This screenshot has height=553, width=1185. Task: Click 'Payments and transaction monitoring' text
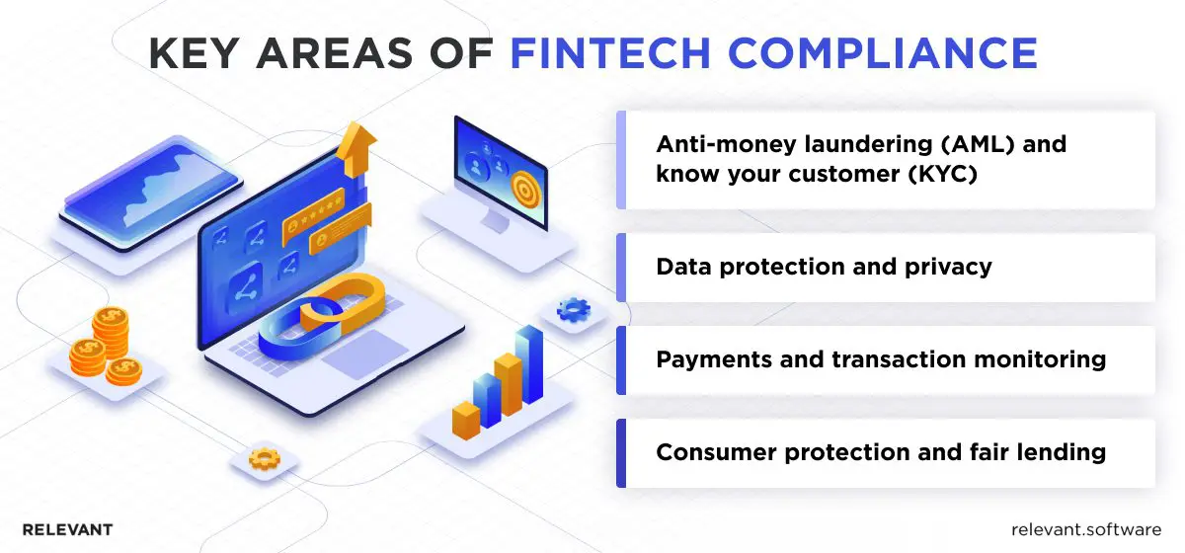click(x=880, y=359)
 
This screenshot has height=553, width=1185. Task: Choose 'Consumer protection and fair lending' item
click(x=880, y=452)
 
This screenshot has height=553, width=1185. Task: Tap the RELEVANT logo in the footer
click(x=67, y=529)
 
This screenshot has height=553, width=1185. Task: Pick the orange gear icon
click(x=264, y=458)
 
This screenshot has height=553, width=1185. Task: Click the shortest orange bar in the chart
click(x=465, y=419)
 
